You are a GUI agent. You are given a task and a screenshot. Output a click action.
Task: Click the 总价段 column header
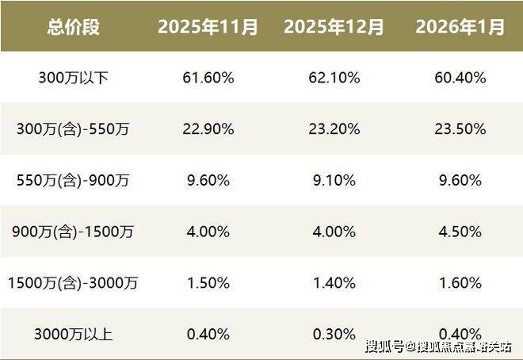tap(73, 27)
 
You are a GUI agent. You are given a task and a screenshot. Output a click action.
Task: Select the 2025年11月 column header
tap(208, 27)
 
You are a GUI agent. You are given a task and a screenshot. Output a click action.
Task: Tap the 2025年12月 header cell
tap(334, 27)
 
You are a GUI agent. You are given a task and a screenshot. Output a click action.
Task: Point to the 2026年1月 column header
tap(460, 27)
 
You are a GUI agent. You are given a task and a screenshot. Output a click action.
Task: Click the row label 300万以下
tap(73, 78)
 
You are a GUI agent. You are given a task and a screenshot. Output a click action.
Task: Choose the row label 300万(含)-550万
tap(73, 129)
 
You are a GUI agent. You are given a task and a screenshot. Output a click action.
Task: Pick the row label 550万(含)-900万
tap(73, 180)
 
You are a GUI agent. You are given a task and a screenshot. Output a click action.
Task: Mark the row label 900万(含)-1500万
tap(73, 232)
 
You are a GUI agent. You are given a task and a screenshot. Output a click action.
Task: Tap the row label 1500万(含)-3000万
tap(73, 283)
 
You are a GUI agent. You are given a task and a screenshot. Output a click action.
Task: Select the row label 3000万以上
tap(73, 334)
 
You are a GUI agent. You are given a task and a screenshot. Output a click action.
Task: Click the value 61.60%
tap(208, 78)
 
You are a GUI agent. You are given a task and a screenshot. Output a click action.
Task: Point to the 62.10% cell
tap(334, 78)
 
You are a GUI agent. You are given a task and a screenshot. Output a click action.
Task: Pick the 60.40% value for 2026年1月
tap(460, 78)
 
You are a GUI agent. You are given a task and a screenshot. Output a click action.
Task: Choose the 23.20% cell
tap(334, 129)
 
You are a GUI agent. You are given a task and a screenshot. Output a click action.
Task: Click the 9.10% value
tap(334, 180)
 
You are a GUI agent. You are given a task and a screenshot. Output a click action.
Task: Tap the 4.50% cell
tap(460, 232)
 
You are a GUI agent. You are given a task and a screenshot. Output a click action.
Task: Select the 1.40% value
tap(334, 283)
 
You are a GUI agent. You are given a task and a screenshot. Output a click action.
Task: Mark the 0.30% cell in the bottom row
tap(334, 334)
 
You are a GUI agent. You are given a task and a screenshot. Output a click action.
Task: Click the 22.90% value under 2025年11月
tap(208, 129)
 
